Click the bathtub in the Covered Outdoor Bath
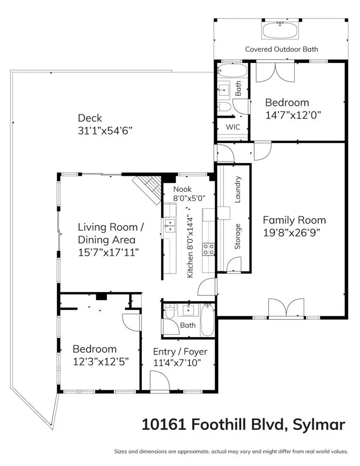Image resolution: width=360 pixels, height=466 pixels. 281,31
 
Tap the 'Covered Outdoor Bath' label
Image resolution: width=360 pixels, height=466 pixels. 281,49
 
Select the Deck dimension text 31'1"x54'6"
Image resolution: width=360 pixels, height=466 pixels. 105,130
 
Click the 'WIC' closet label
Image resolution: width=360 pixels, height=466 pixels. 232,127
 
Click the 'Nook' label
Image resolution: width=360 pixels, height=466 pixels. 182,189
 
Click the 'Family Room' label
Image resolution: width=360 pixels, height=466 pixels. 294,220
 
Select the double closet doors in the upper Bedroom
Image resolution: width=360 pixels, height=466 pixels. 275,73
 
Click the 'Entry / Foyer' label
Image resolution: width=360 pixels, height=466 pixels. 180,352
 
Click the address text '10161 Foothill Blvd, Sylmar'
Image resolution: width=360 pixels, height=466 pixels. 243,424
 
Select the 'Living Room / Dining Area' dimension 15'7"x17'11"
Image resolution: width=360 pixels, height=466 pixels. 108,252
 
